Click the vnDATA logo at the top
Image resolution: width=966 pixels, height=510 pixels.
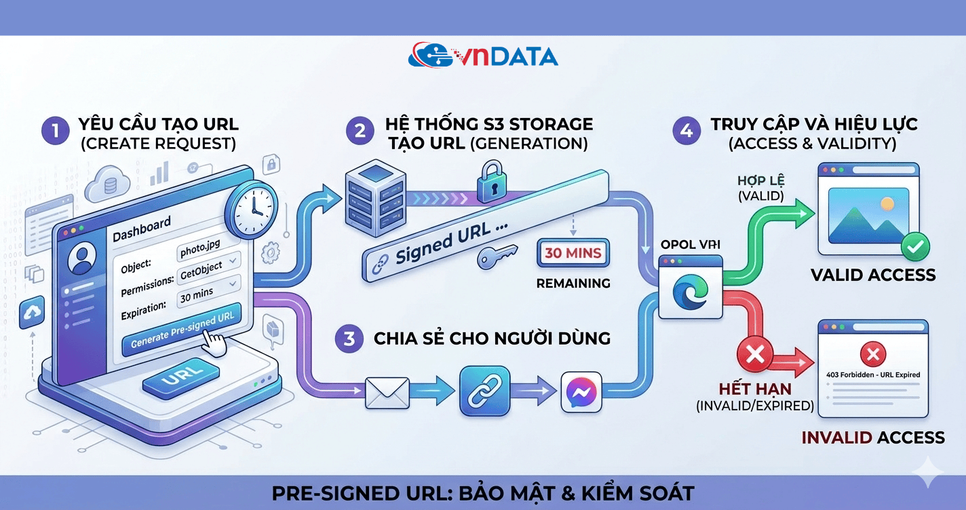[483, 55]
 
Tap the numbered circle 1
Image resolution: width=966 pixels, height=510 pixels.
[56, 130]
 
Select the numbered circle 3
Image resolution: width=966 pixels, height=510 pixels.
[349, 338]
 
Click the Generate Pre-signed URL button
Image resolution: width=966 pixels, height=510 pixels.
[182, 329]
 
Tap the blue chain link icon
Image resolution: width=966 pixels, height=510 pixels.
[484, 391]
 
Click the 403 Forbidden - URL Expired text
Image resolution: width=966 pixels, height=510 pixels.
[873, 374]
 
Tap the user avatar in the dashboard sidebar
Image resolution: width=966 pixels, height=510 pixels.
[83, 259]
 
